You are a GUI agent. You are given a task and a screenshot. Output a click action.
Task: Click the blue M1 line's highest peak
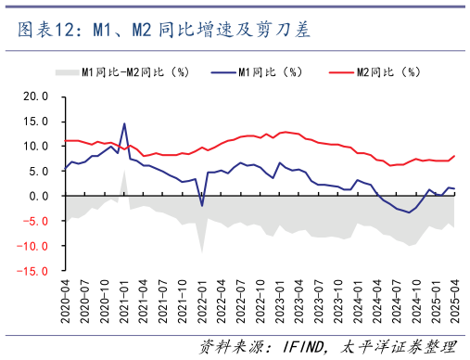click(x=124, y=123)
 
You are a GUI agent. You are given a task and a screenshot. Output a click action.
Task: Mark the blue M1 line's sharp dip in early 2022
click(x=202, y=205)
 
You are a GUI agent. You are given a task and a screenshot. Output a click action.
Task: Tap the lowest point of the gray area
click(x=202, y=251)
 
